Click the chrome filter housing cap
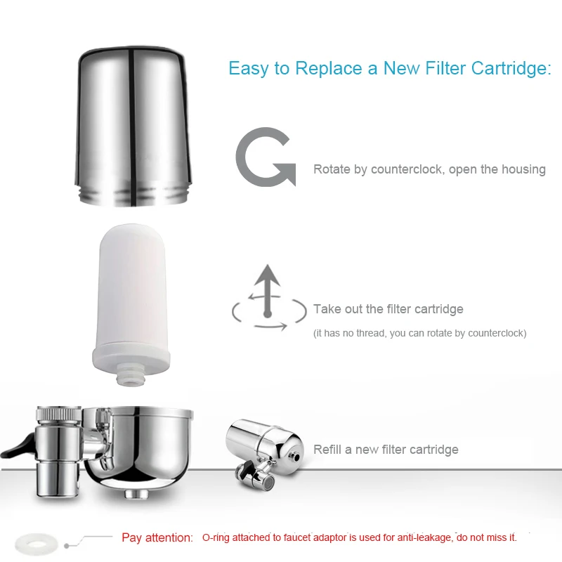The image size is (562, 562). [x=133, y=126]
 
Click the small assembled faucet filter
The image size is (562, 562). [x=265, y=453]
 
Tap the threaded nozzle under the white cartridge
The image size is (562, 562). [x=131, y=374]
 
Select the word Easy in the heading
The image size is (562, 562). [x=249, y=69]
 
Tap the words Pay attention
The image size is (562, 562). [x=157, y=537]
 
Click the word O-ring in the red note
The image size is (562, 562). [x=216, y=537]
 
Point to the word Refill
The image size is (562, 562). [x=327, y=449]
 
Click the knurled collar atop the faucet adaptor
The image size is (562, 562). [x=59, y=413]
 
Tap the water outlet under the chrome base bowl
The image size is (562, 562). [x=136, y=494]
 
